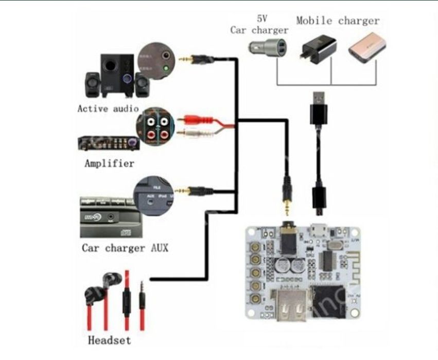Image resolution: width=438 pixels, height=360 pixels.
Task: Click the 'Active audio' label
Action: [108, 109]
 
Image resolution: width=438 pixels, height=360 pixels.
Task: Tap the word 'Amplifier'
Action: [109, 164]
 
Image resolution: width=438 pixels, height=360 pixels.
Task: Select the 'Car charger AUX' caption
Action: [125, 248]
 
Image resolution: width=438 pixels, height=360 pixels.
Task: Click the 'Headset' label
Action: [109, 340]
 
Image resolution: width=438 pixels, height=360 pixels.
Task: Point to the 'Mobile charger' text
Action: [338, 21]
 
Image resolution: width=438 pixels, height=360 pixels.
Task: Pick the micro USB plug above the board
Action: [319, 201]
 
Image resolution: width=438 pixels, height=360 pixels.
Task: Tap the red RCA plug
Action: [196, 120]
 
